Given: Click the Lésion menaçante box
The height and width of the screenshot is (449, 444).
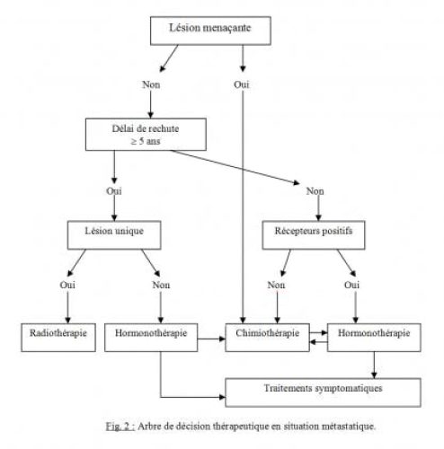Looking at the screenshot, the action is pyautogui.click(x=210, y=31).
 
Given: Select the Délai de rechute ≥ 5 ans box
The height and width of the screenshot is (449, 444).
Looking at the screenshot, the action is pyautogui.click(x=146, y=135).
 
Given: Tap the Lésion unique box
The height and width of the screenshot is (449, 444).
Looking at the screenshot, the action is pyautogui.click(x=114, y=235).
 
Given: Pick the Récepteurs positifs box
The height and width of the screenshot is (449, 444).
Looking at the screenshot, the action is pyautogui.click(x=314, y=235).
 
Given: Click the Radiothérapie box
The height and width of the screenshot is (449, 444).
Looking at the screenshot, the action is pyautogui.click(x=58, y=338).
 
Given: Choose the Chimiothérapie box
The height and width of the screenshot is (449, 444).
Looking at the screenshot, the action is pyautogui.click(x=267, y=338).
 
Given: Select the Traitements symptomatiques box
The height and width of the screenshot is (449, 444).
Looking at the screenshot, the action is pyautogui.click(x=323, y=392).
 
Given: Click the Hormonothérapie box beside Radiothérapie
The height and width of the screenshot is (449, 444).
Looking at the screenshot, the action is pyautogui.click(x=151, y=338).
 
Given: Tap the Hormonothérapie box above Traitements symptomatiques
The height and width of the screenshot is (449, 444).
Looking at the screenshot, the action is pyautogui.click(x=374, y=338).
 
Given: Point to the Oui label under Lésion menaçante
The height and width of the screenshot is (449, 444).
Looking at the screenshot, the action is pyautogui.click(x=242, y=84).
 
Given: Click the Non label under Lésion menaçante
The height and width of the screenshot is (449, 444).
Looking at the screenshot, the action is pyautogui.click(x=151, y=84).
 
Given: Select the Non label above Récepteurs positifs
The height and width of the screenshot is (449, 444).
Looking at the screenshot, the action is pyautogui.click(x=315, y=191).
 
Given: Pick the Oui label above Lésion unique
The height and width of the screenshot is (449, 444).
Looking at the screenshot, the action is pyautogui.click(x=114, y=191).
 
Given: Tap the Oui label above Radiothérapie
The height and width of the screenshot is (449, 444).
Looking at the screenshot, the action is pyautogui.click(x=67, y=285).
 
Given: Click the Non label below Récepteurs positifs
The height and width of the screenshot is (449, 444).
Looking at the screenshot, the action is pyautogui.click(x=276, y=285).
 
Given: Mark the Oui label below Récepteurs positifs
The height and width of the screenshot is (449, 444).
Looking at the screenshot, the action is pyautogui.click(x=351, y=285).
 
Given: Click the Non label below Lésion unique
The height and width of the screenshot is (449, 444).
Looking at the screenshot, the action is pyautogui.click(x=161, y=285).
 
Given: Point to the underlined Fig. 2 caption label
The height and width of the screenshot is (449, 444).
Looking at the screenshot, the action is pyautogui.click(x=120, y=427).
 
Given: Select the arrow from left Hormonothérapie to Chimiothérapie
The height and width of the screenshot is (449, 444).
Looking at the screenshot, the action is pyautogui.click(x=211, y=339).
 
